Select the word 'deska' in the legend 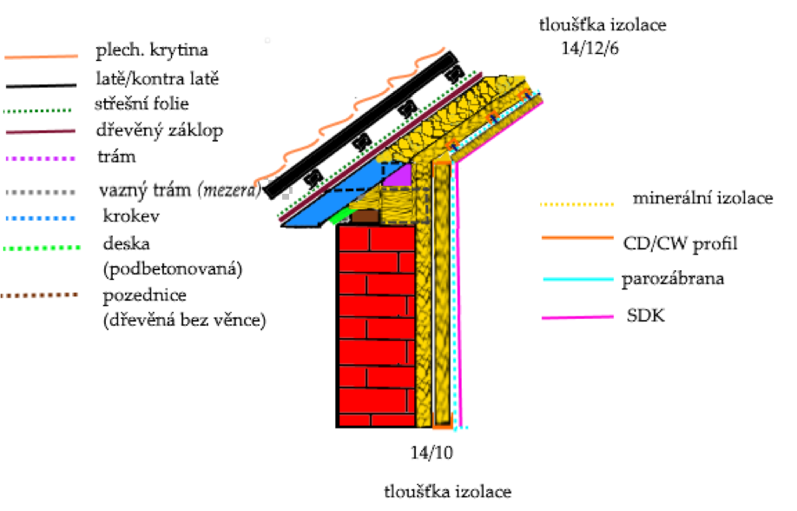pos(122,244)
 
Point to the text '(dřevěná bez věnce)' pos(183,321)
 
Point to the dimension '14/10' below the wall pos(431,453)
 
